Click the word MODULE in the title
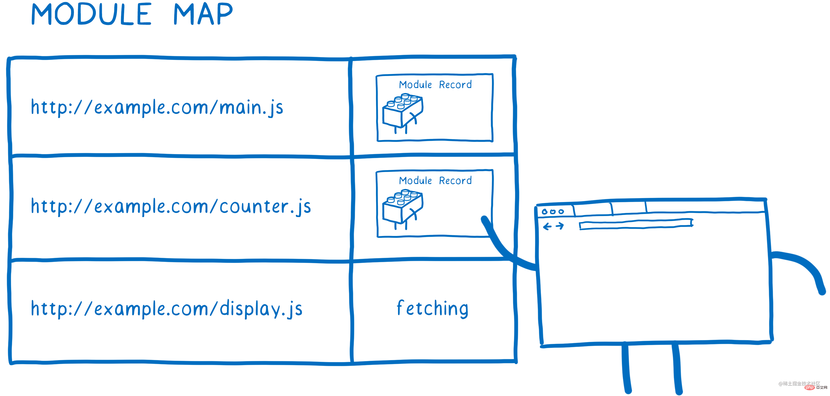coord(91,14)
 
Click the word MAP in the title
coord(203,14)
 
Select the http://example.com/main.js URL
coord(157,107)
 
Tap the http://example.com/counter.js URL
coord(171,206)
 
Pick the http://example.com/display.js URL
coord(166,309)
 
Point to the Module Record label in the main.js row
coord(435,85)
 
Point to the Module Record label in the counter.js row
coord(435,180)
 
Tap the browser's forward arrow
coord(560,226)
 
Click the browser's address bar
coord(636,224)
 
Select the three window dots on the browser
coord(553,211)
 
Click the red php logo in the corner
coord(810,388)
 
